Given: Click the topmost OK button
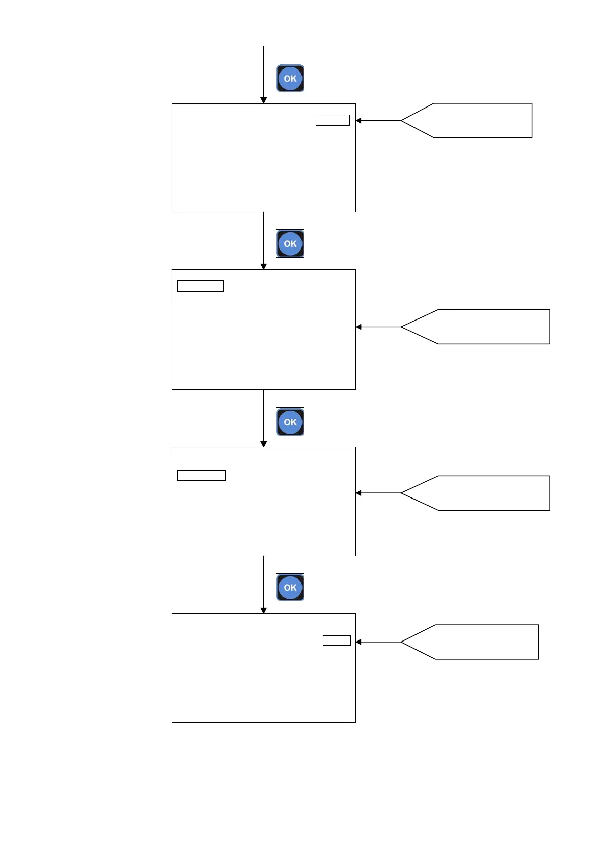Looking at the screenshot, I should (290, 78).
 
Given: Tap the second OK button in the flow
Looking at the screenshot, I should (290, 243).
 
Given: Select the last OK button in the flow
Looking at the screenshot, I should (290, 587).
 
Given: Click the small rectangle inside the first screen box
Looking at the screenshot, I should (332, 120).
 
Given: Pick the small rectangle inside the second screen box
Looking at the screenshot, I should (201, 287).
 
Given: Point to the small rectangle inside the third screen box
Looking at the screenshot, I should (202, 475).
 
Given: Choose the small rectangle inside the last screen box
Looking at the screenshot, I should (336, 641).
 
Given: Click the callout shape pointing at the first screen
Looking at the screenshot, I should (471, 121).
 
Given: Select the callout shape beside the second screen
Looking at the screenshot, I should (481, 327).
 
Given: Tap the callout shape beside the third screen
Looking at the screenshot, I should (481, 493).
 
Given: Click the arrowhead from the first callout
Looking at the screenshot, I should (359, 121).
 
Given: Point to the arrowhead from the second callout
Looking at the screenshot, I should (359, 327).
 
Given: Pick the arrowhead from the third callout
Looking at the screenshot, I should (359, 493).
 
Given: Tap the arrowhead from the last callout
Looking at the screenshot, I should (359, 642).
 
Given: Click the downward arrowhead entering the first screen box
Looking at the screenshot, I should (263, 100).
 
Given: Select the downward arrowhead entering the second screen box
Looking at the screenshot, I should (263, 266).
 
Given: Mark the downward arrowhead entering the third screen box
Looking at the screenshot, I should (263, 444).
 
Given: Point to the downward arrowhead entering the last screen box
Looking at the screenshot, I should (263, 610).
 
